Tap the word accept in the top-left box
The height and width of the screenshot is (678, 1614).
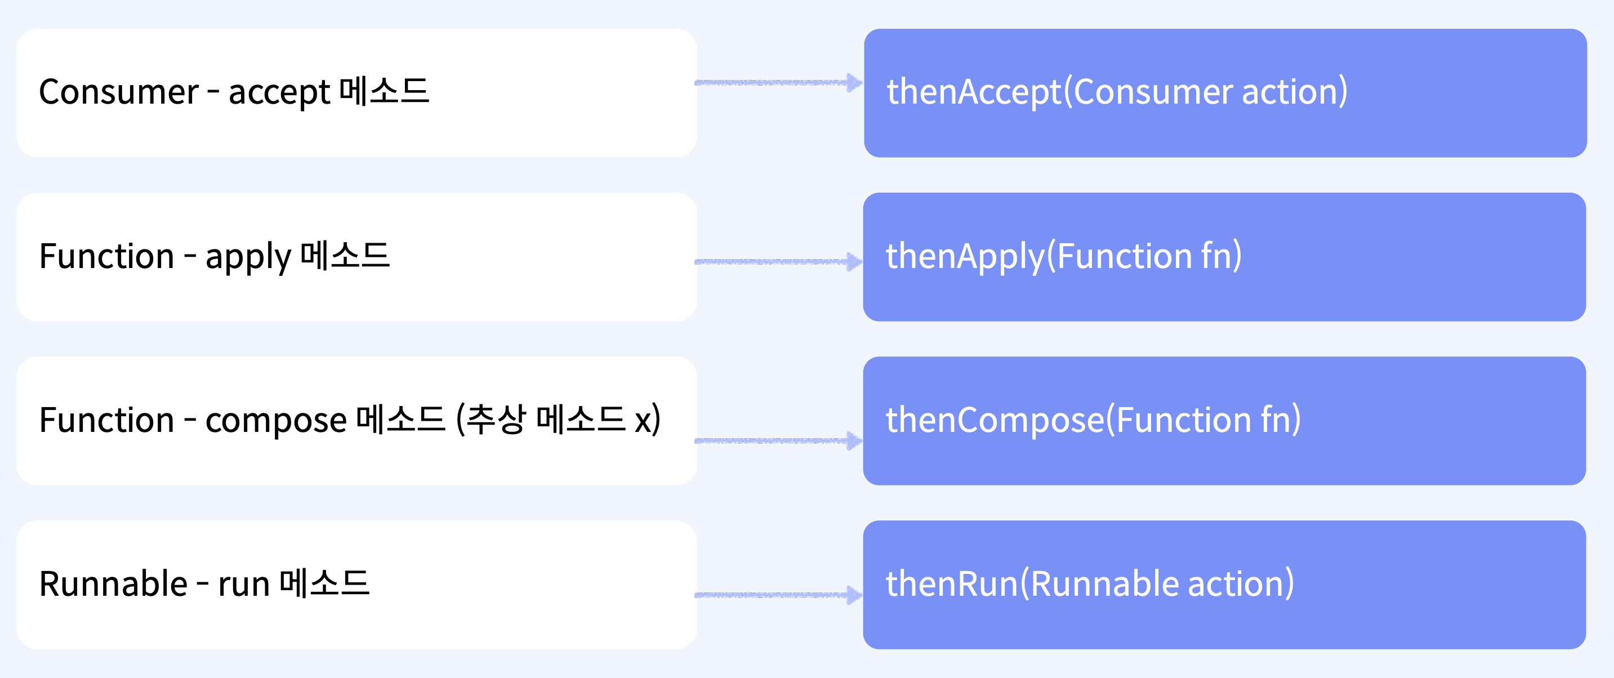279,93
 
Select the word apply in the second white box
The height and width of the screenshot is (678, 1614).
248,257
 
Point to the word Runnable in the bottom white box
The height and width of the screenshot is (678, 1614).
113,583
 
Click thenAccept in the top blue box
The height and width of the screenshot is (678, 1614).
974,92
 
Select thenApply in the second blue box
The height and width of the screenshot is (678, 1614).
965,256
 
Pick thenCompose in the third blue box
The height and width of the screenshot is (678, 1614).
995,420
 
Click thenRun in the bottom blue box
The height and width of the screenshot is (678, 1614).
952,583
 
